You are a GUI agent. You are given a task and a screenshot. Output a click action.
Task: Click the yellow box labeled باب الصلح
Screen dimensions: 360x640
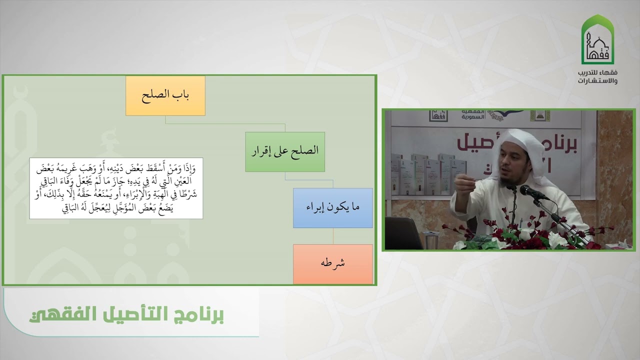(165, 96)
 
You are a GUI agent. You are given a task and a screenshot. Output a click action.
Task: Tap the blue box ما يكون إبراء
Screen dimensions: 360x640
(332, 208)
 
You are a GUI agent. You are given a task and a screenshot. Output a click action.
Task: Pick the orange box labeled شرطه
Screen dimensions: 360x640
(332, 263)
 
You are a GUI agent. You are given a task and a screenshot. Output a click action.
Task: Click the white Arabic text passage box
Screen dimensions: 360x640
(116, 188)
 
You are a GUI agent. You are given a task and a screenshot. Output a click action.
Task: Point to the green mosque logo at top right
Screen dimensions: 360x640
(597, 40)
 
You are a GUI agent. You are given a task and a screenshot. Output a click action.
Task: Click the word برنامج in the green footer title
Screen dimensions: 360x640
(200, 316)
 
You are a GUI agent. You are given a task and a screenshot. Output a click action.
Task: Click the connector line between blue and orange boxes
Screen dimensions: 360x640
(332, 236)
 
